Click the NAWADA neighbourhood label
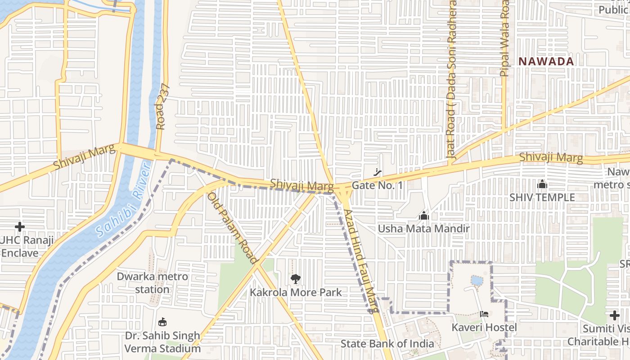546,62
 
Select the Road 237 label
163,107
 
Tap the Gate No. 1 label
377,185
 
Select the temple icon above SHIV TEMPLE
542,184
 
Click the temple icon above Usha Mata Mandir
423,216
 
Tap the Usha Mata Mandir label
423,229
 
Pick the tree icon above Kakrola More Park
295,279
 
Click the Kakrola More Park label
296,292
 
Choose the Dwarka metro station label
152,283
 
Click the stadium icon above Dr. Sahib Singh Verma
162,322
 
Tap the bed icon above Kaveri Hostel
484,314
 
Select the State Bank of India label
387,344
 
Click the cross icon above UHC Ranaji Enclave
20,227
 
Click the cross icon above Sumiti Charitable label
615,315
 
